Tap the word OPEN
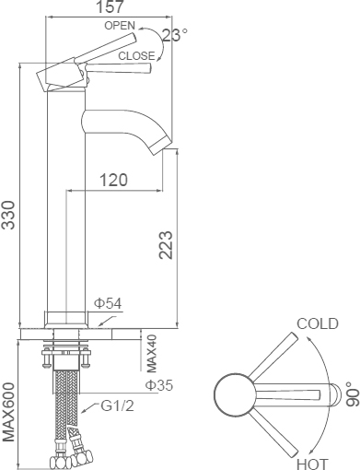pos(120,26)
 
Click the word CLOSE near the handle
pos(136,55)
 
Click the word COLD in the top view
pos(317,323)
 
